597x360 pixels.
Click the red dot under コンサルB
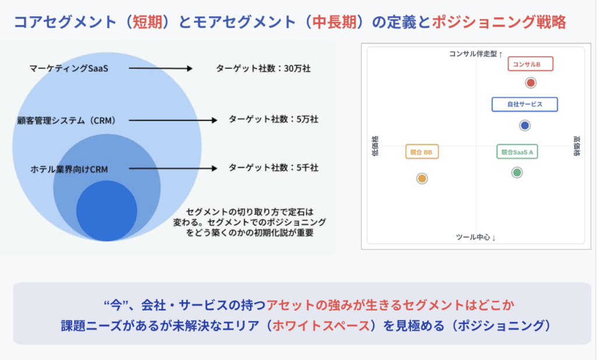pos(531,83)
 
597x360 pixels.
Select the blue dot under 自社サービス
pos(525,125)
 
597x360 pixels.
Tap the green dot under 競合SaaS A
pos(517,173)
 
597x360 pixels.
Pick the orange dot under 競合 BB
pos(422,179)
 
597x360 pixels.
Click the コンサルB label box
pos(531,64)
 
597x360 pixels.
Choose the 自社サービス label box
pos(525,104)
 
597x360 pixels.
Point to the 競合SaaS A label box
pos(517,152)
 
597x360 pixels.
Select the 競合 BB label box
pos(422,152)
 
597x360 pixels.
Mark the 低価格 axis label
pos(375,146)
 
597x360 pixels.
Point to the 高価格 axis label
pos(577,146)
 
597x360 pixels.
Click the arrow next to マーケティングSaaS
pos(161,69)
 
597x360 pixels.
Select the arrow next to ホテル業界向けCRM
pos(173,169)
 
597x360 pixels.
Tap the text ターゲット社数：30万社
pos(264,69)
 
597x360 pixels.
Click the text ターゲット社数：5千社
pos(273,167)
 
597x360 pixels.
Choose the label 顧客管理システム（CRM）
pos(67,121)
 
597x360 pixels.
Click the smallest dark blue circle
pos(107,211)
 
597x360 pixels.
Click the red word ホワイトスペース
pos(321,326)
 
